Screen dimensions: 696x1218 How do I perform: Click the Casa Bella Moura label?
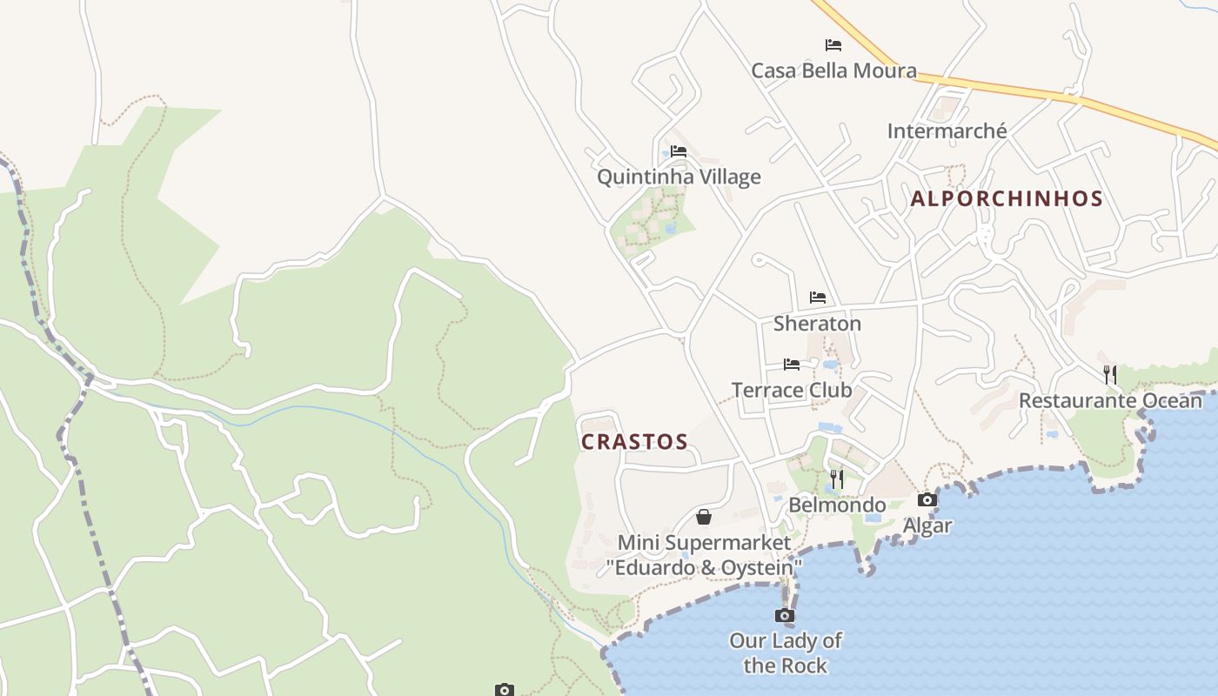click(833, 70)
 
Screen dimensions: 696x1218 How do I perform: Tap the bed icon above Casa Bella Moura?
click(833, 45)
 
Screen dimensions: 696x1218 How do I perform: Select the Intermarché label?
click(947, 131)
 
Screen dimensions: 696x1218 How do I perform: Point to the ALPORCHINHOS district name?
click(1007, 199)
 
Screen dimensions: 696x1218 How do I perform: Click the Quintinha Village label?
click(679, 177)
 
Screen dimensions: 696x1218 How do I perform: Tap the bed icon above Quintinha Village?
click(679, 151)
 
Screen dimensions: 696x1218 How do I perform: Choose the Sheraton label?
click(817, 324)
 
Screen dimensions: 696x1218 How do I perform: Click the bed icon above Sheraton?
click(817, 298)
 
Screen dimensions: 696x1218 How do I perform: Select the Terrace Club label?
click(792, 390)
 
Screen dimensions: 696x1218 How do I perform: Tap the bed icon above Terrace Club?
click(791, 365)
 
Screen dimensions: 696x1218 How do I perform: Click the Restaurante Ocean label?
click(1110, 401)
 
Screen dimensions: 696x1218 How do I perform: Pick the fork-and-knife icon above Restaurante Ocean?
click(1110, 375)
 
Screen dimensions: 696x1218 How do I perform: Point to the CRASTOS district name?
click(634, 442)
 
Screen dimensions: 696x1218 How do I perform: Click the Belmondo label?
click(837, 505)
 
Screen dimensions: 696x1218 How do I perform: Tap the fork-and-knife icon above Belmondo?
click(837, 478)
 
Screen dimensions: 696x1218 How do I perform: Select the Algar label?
click(927, 525)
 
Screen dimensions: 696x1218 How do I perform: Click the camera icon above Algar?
click(927, 500)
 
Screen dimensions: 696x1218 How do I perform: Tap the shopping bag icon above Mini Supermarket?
click(704, 518)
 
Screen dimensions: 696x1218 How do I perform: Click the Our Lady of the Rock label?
click(785, 653)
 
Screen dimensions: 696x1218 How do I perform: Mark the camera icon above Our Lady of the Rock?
click(785, 616)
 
